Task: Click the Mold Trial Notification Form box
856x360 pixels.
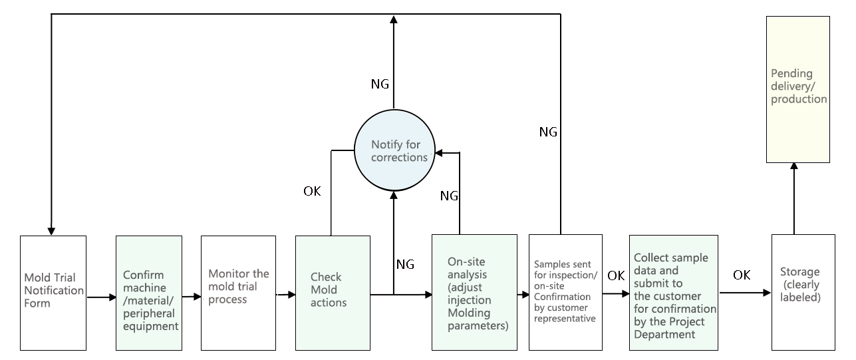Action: (x=53, y=292)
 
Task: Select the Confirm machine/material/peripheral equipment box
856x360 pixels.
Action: (x=148, y=292)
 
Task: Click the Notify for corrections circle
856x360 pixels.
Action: (x=393, y=150)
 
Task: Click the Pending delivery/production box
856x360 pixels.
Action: (x=798, y=89)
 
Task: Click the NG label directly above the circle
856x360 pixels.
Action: (x=380, y=85)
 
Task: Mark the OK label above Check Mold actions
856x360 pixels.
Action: (x=312, y=192)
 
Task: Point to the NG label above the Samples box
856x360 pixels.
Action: (x=547, y=132)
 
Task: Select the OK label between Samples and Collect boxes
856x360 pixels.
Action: (x=616, y=275)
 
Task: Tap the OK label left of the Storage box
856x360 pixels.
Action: (x=742, y=274)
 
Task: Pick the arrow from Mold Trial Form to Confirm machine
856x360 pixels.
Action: (x=101, y=297)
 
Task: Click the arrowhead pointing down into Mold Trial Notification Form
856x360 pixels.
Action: (x=51, y=230)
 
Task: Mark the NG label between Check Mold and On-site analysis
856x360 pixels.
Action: (x=405, y=264)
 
